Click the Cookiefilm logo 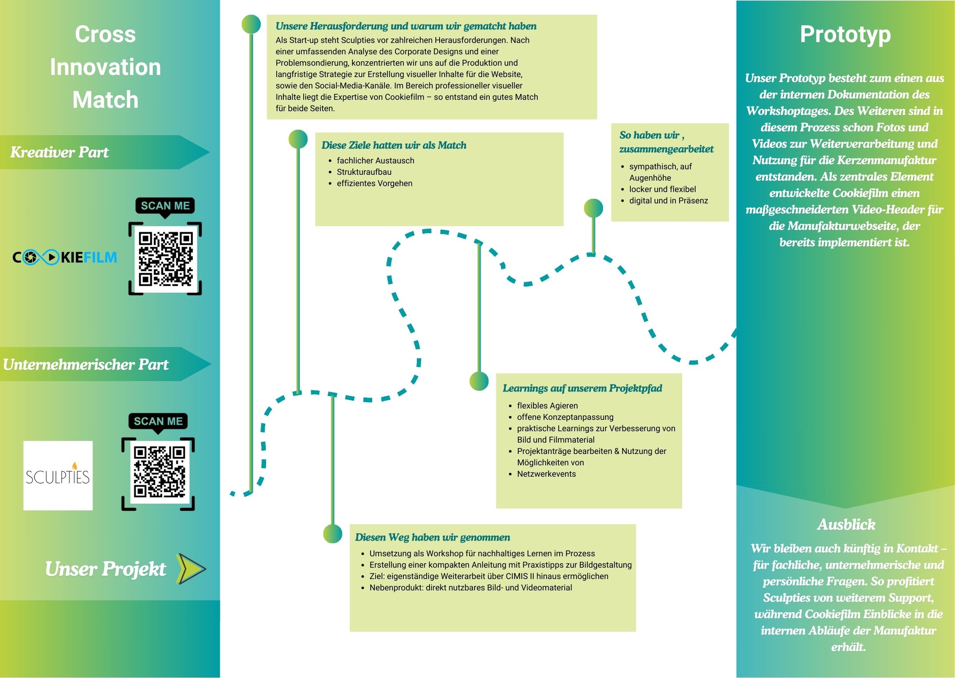[65, 257]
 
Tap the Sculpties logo [58, 475]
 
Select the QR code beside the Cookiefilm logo [165, 259]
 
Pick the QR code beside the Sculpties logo [158, 474]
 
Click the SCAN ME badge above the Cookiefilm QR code [165, 206]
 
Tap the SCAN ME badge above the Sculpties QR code [158, 422]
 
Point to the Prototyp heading [845, 35]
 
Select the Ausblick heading [846, 524]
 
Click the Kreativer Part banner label [59, 152]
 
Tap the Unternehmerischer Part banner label [85, 364]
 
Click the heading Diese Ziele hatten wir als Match [394, 145]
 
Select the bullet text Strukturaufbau [364, 172]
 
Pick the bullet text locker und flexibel [662, 189]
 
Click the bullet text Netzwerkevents [546, 474]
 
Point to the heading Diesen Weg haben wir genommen [432, 537]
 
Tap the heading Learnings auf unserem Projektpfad [582, 388]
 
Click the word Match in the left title [105, 100]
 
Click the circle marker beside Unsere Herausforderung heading [251, 24]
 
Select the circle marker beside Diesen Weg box [333, 534]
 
